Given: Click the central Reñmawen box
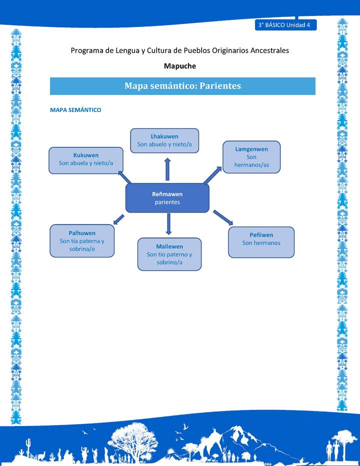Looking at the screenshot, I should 167,198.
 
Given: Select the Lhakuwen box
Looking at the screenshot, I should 164,140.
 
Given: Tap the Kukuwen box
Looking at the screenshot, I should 86,160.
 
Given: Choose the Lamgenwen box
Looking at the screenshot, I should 251,157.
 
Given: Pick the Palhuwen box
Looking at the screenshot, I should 82,240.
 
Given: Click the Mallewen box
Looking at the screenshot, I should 169,254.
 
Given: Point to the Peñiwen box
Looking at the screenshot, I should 261,242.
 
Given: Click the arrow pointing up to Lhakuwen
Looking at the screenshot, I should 167,169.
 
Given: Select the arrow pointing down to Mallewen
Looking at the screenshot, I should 168,224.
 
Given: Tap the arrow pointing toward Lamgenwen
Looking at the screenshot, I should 212,175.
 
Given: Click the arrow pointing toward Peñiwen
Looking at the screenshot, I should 223,217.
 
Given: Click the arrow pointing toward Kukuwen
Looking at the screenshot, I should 124,176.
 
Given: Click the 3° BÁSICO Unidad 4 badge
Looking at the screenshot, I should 285,25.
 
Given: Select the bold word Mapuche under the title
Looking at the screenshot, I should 180,65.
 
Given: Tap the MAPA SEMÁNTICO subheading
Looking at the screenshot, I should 75,110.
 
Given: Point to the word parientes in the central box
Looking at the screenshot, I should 167,202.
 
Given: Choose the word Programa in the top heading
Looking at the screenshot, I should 86,50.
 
